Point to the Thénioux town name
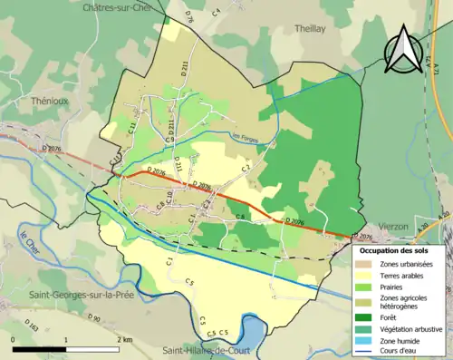[51, 101]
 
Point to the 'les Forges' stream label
[245, 138]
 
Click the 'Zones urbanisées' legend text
[407, 263]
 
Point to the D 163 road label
[34, 325]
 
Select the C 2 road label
[246, 169]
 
